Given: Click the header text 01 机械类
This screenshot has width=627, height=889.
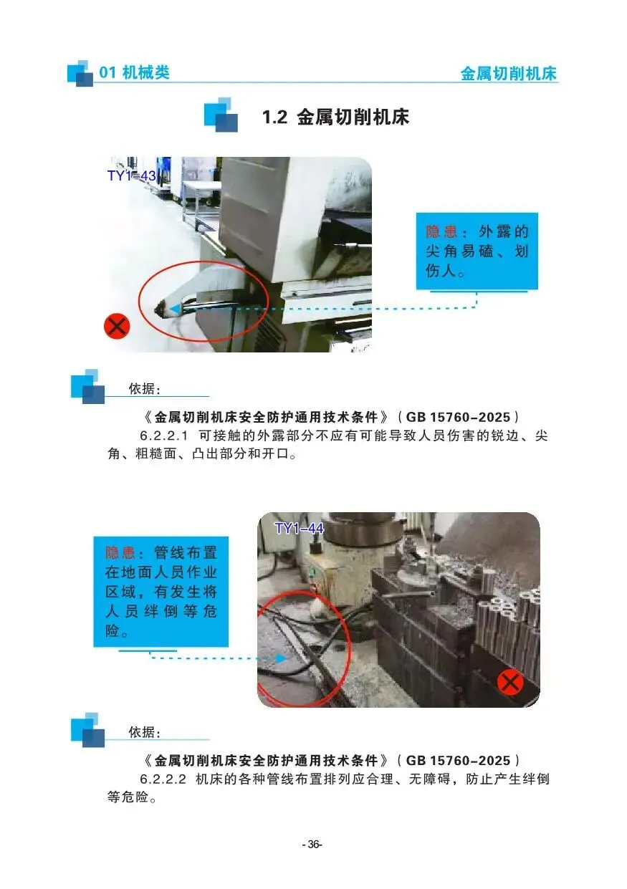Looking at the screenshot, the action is (x=134, y=72).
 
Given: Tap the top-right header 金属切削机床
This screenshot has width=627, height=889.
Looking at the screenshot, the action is (x=509, y=74).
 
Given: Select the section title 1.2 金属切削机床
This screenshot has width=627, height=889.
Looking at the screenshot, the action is (x=335, y=117).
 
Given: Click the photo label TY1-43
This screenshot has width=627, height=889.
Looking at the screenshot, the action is (x=131, y=176).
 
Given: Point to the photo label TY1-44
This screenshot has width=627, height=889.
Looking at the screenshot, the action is (x=300, y=528).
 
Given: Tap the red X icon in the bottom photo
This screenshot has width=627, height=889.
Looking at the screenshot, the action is (x=510, y=683).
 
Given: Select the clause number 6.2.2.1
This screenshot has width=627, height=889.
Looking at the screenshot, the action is (x=163, y=436).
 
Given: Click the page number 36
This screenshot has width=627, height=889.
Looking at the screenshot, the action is (x=313, y=844).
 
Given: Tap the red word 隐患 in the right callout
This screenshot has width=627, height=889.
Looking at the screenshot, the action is (x=441, y=232).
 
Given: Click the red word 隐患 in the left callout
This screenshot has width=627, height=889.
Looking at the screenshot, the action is (x=121, y=552).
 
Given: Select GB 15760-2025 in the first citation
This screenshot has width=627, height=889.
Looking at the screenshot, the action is (x=458, y=417).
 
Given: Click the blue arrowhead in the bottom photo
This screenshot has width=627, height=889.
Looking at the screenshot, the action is (x=282, y=658).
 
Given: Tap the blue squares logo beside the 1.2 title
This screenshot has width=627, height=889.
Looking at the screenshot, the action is (x=221, y=115).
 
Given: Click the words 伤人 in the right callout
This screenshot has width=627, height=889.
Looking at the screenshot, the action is (x=441, y=271).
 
